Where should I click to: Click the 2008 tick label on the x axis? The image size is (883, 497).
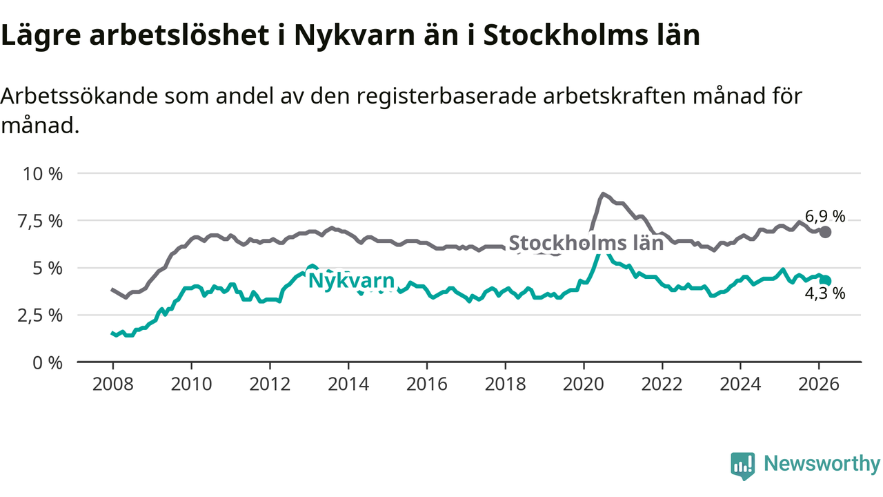pyautogui.click(x=112, y=383)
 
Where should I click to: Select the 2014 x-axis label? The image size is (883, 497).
pyautogui.click(x=348, y=383)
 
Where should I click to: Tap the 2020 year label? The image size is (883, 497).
pyautogui.click(x=584, y=383)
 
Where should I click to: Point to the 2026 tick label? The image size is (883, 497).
pyautogui.click(x=820, y=383)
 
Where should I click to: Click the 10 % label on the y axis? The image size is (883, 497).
pyautogui.click(x=43, y=173)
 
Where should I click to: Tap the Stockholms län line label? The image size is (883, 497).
pyautogui.click(x=586, y=243)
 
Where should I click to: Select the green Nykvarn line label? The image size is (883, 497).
pyautogui.click(x=351, y=281)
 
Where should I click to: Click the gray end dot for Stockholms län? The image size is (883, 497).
pyautogui.click(x=825, y=232)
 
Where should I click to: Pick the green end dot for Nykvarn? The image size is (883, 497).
pyautogui.click(x=826, y=280)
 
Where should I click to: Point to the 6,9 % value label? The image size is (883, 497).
pyautogui.click(x=825, y=217)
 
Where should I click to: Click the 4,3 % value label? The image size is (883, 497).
pyautogui.click(x=825, y=294)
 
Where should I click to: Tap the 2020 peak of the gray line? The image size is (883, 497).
pyautogui.click(x=603, y=194)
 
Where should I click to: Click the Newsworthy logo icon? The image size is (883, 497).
pyautogui.click(x=742, y=465)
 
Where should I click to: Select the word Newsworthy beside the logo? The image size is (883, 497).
pyautogui.click(x=822, y=464)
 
